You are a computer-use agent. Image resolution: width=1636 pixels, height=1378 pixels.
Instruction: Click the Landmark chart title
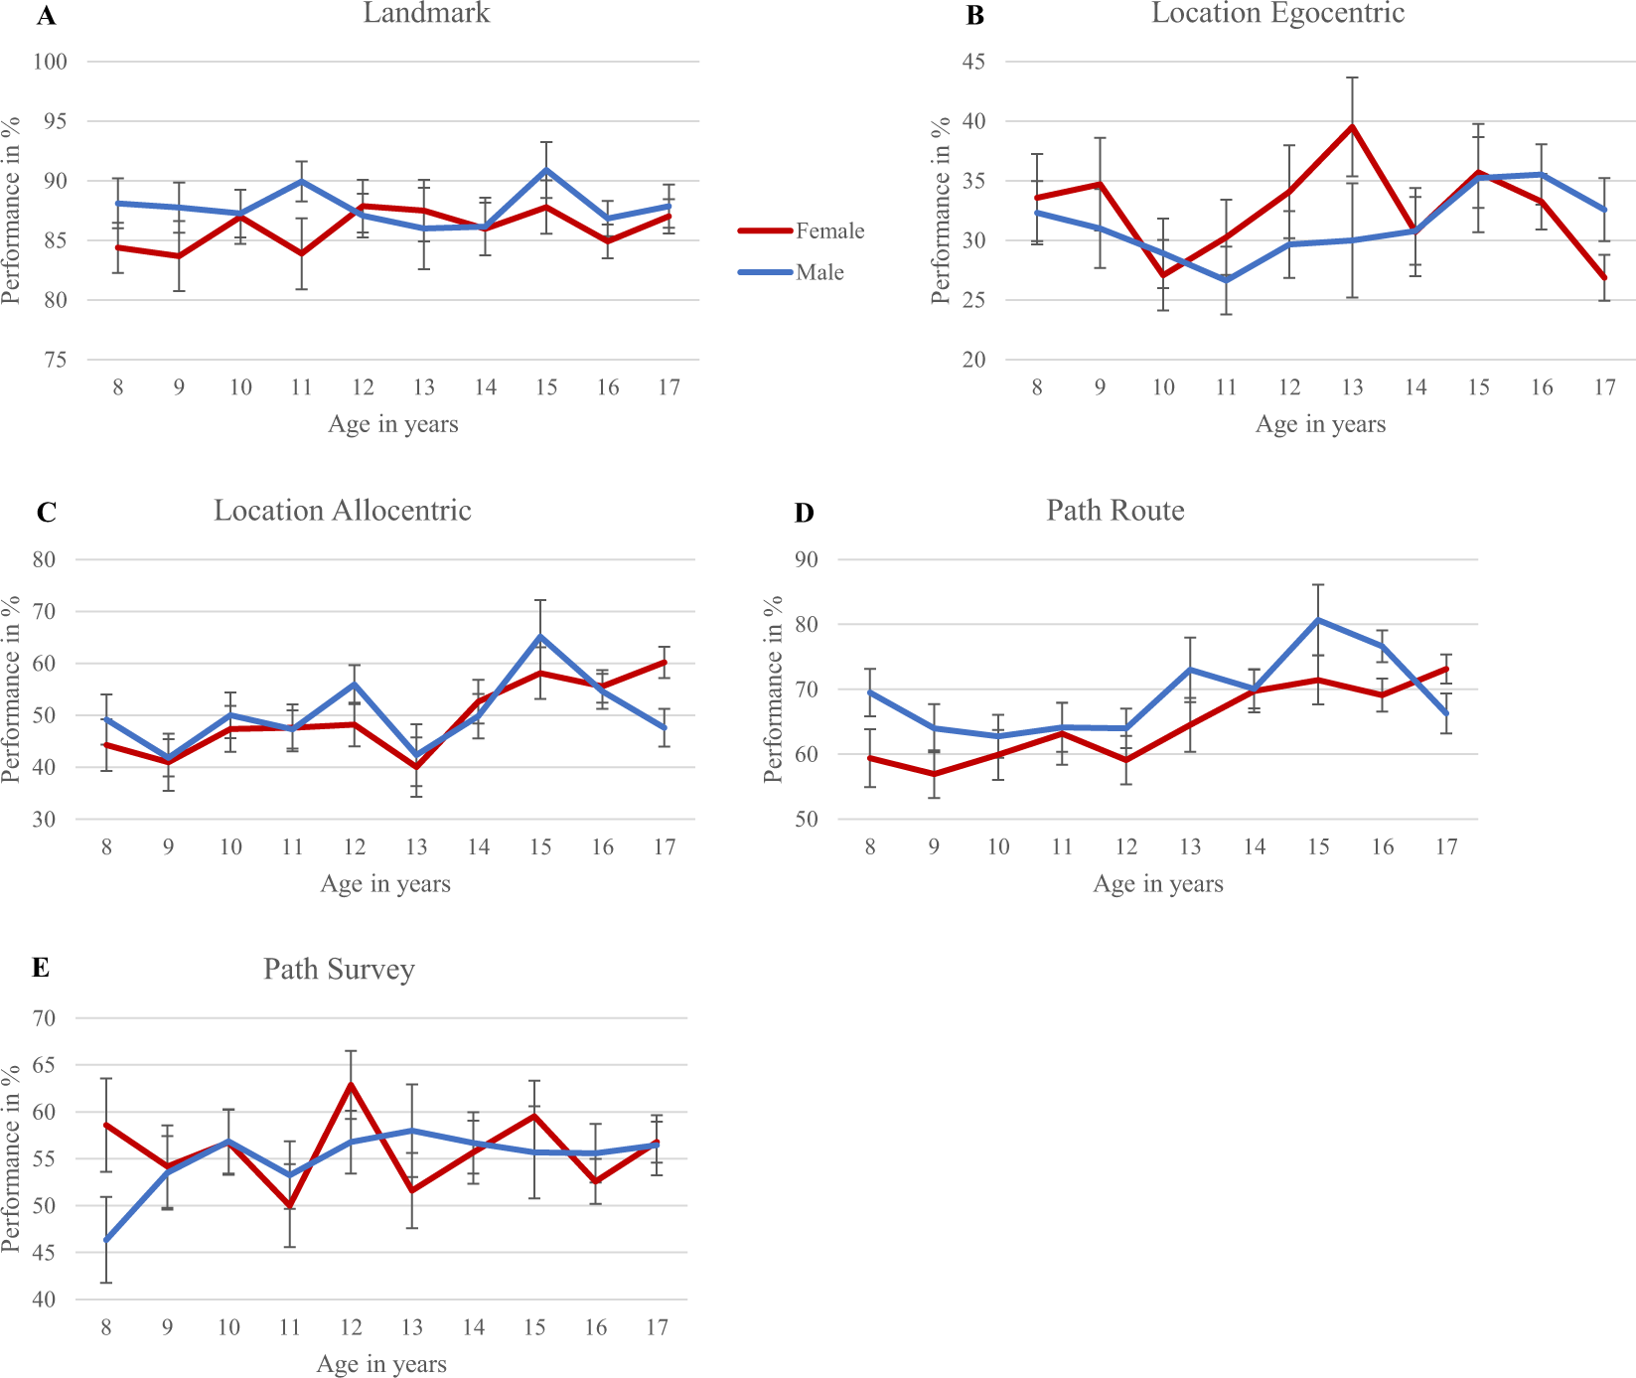coord(426,14)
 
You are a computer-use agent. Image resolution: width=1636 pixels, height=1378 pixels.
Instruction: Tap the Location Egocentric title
coord(1277,14)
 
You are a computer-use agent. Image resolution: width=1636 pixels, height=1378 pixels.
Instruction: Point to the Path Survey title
coord(339,970)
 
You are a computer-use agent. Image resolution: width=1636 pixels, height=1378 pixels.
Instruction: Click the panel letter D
coord(804,513)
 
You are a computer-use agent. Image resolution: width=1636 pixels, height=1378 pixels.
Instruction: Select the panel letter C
coord(46,513)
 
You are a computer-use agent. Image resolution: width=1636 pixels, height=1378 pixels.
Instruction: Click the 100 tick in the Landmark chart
coord(50,63)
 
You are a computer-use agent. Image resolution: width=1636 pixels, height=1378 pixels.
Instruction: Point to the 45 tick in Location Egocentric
coord(973,63)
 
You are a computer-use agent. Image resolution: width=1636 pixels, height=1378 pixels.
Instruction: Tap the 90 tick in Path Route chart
coord(807,560)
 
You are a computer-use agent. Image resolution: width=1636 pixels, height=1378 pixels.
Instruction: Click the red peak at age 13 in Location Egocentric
coord(1352,127)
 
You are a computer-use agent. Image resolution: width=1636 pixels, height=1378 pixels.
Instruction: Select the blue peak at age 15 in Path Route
coord(1318,620)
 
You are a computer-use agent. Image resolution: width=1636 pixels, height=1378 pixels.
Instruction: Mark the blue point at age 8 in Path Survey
coord(106,1240)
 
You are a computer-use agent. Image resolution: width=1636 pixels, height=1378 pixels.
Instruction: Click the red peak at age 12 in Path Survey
coord(351,1084)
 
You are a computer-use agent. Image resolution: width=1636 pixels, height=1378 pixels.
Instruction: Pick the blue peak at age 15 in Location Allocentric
coord(540,636)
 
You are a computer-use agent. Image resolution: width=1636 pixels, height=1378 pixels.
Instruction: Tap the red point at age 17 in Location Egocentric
coord(1604,278)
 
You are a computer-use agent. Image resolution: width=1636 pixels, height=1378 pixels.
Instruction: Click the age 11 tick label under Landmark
coord(302,387)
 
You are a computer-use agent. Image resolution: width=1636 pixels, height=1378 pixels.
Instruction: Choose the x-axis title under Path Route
coord(1157,884)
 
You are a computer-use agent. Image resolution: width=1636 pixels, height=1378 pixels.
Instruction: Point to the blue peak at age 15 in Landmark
coord(546,170)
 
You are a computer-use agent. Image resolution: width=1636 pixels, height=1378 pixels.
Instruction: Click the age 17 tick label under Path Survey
coord(657,1327)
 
